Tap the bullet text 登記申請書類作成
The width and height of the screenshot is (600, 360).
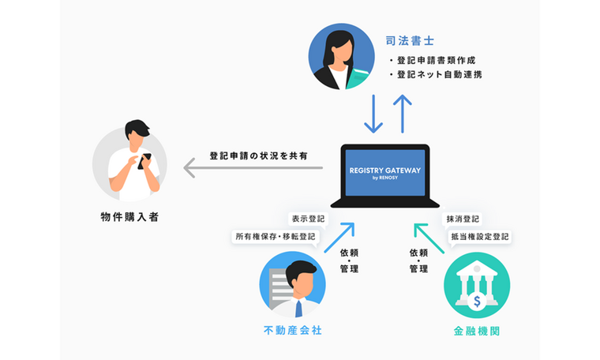pos(436,60)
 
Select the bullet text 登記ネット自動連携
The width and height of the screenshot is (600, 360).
pos(440,76)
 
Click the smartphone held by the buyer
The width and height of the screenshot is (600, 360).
pos(143,161)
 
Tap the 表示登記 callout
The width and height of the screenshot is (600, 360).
pos(308,219)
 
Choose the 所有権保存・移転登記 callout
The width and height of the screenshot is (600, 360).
pos(275,236)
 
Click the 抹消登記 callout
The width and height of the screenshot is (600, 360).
pos(462,219)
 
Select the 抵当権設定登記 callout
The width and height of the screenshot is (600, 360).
pos(479,236)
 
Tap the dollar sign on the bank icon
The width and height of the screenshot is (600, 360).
pos(477,300)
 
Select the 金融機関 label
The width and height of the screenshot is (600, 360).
pos(476,332)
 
